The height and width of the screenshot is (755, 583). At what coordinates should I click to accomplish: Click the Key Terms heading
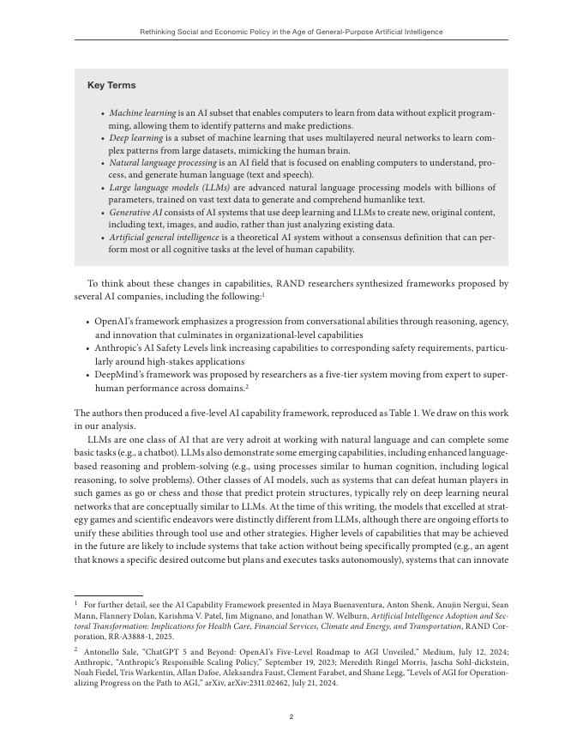(111, 86)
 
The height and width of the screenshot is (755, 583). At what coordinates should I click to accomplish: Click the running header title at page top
(291, 32)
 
